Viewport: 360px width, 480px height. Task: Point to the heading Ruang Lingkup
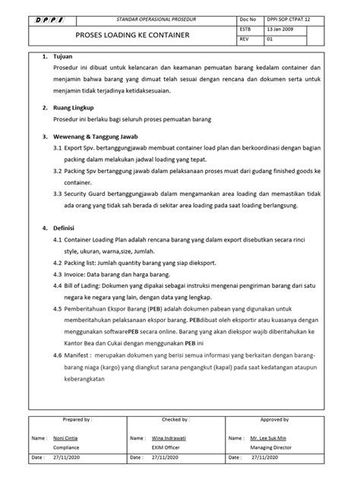pyautogui.click(x=74, y=109)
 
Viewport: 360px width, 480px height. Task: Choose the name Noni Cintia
pyautogui.click(x=67, y=439)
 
